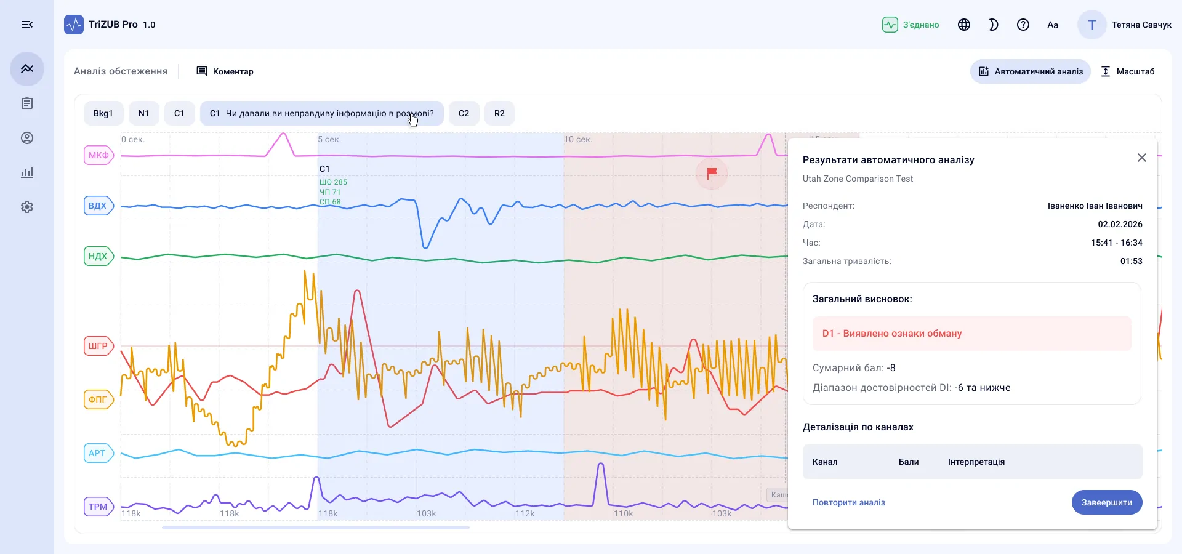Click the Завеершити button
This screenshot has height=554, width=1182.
click(x=1106, y=502)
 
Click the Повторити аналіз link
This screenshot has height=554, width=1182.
click(x=848, y=502)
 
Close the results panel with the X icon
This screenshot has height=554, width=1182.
click(x=1141, y=158)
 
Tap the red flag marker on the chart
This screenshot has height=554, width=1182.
click(x=712, y=174)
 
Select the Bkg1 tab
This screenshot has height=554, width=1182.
click(x=103, y=113)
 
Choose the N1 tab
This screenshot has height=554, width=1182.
click(x=143, y=113)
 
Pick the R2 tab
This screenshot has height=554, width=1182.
click(x=499, y=113)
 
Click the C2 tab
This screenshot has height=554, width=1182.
click(x=464, y=113)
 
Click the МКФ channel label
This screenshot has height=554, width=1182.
click(x=98, y=155)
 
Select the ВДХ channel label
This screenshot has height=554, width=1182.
click(x=98, y=206)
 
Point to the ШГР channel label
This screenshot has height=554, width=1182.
click(x=98, y=346)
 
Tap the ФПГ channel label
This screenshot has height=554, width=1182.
click(x=98, y=399)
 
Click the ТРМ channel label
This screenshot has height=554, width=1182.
click(x=98, y=507)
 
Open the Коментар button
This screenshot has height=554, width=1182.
click(x=225, y=71)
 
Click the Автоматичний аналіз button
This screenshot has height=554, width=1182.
click(x=1031, y=71)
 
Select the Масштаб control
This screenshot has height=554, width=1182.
click(x=1127, y=71)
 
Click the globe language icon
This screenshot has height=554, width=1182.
click(x=964, y=25)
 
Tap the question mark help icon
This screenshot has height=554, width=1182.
click(x=1023, y=25)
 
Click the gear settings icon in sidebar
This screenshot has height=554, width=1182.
click(x=27, y=207)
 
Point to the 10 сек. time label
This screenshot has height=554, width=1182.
click(x=578, y=140)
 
